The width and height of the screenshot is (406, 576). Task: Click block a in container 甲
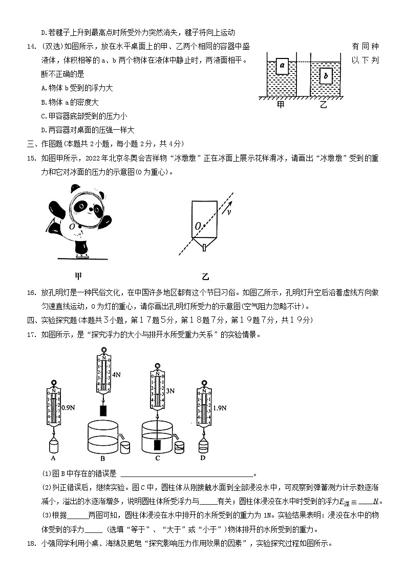click(282, 66)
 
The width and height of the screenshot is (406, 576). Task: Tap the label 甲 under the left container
click(281, 105)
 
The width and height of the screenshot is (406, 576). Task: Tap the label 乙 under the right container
click(323, 105)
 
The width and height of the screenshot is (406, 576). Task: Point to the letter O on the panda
click(73, 226)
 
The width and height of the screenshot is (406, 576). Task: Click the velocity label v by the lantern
click(228, 211)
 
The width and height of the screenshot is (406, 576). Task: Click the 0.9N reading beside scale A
click(68, 408)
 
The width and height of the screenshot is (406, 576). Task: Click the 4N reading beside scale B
click(116, 375)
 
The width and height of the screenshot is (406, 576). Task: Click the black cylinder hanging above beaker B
click(103, 410)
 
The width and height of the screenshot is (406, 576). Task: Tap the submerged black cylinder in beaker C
click(157, 444)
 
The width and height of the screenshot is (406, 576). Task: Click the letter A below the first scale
click(53, 458)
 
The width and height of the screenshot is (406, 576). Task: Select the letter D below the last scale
click(203, 458)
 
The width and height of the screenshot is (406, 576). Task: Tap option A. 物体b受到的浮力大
click(77, 88)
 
